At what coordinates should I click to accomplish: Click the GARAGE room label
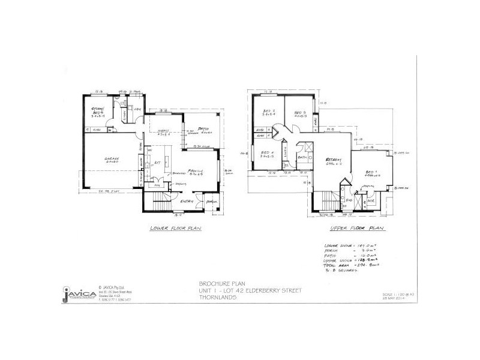pos(111,159)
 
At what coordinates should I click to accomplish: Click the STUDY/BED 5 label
pos(98,110)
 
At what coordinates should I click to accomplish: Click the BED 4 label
pos(268,152)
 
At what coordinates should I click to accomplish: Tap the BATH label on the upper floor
pos(302,157)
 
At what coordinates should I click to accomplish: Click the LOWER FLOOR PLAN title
pos(175,229)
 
